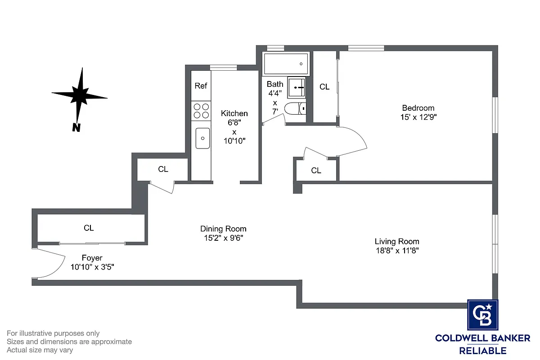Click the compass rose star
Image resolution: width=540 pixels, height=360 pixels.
(x=80, y=95)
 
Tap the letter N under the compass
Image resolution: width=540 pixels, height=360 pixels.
(x=76, y=128)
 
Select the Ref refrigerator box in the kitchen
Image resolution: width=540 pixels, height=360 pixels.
(x=201, y=85)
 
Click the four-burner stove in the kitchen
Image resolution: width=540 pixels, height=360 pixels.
(x=201, y=111)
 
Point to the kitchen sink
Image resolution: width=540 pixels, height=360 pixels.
(x=202, y=138)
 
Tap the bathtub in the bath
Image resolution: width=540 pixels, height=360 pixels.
(x=286, y=64)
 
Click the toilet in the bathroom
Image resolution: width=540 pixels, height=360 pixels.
(x=296, y=108)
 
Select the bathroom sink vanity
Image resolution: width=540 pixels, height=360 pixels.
(x=297, y=86)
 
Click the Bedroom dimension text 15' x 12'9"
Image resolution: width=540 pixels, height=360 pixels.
(x=418, y=117)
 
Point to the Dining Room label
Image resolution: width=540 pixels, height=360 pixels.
(x=223, y=229)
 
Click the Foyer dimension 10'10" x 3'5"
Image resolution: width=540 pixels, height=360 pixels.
(x=92, y=266)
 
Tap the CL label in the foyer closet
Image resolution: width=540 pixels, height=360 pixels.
(x=89, y=228)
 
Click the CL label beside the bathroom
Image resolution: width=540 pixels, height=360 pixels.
(x=324, y=87)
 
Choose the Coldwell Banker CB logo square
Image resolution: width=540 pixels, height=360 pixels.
(x=482, y=315)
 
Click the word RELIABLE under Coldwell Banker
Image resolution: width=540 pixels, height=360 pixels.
(x=482, y=351)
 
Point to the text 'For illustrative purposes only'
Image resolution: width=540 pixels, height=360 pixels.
(x=53, y=333)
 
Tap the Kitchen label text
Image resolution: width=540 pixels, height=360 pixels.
(x=234, y=113)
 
